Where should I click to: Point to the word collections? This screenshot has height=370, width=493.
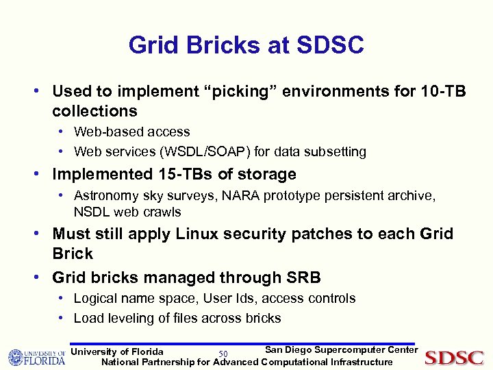pos(94,111)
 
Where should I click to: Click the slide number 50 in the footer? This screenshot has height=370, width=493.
pos(223,354)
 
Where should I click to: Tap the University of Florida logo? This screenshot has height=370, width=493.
pos(36,357)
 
